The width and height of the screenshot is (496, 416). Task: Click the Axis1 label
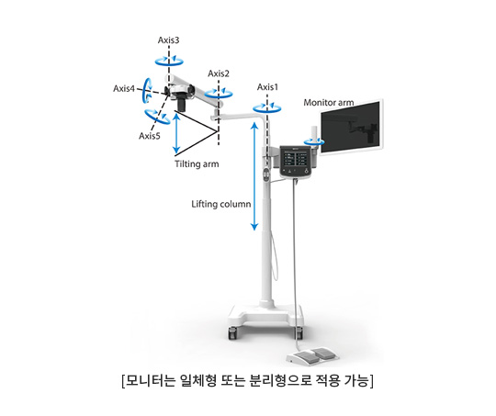pyautogui.click(x=267, y=87)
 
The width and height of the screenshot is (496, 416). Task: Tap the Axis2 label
pyautogui.click(x=219, y=73)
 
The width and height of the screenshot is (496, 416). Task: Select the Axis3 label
pyautogui.click(x=169, y=40)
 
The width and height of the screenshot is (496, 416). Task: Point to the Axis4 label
pyautogui.click(x=124, y=88)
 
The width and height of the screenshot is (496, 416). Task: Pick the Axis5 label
pyautogui.click(x=150, y=136)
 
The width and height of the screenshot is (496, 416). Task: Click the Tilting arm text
pyautogui.click(x=197, y=164)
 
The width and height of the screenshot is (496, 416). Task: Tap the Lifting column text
pyautogui.click(x=221, y=204)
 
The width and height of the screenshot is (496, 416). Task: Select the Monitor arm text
pyautogui.click(x=329, y=103)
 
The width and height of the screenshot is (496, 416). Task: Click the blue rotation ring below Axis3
pyautogui.click(x=169, y=64)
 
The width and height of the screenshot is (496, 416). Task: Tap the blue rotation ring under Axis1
pyautogui.click(x=267, y=111)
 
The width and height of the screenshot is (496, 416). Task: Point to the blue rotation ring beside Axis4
pyautogui.click(x=145, y=91)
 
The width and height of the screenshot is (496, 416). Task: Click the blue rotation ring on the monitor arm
pyautogui.click(x=314, y=144)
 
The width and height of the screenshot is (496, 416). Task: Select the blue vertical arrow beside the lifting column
pyautogui.click(x=254, y=176)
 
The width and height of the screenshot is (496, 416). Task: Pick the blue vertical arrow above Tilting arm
pyautogui.click(x=176, y=133)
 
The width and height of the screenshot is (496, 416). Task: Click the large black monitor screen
pyautogui.click(x=350, y=127)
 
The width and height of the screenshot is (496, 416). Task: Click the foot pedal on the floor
pyautogui.click(x=312, y=355)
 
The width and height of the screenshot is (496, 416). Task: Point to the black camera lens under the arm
pyautogui.click(x=182, y=104)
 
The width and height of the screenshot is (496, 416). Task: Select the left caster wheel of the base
pyautogui.click(x=232, y=332)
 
